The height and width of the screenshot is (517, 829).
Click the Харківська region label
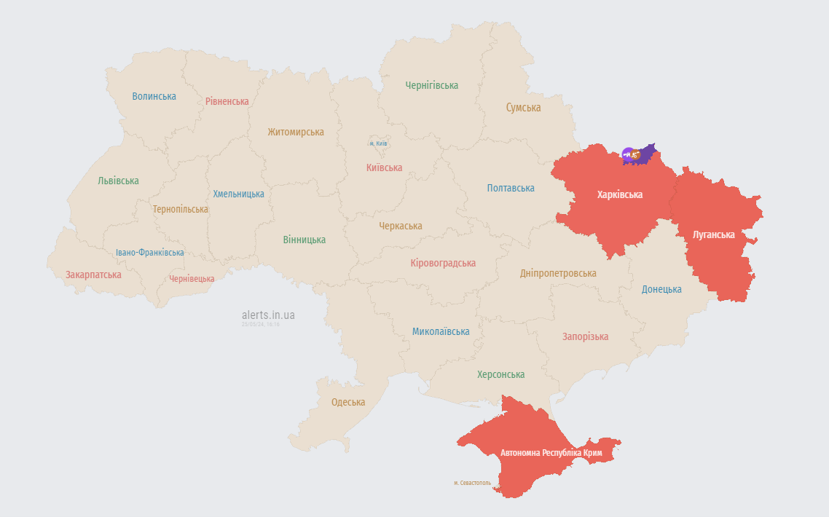[619, 194]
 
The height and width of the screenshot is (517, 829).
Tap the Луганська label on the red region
[714, 234]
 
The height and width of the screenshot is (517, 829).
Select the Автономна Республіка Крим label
[551, 453]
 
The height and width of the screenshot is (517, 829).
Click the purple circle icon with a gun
[627, 154]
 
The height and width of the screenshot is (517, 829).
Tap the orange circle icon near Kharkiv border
[636, 154]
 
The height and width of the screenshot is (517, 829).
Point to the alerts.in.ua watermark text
[268, 315]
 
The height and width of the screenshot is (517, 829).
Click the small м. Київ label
[378, 143]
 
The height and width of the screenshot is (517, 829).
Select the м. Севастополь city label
[472, 483]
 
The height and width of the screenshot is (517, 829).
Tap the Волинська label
[154, 96]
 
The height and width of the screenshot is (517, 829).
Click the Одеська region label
[348, 402]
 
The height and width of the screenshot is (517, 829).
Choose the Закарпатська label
[93, 275]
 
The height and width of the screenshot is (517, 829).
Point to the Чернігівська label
[432, 85]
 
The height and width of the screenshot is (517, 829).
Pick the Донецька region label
[661, 289]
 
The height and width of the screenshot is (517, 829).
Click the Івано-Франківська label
[150, 253]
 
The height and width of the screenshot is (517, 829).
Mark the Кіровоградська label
[443, 263]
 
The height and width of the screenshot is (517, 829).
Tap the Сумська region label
[523, 107]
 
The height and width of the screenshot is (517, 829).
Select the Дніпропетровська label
[558, 273]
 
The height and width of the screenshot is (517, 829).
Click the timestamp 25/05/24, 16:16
[261, 325]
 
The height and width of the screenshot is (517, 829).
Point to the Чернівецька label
[192, 279]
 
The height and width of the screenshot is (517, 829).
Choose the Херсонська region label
[500, 374]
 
